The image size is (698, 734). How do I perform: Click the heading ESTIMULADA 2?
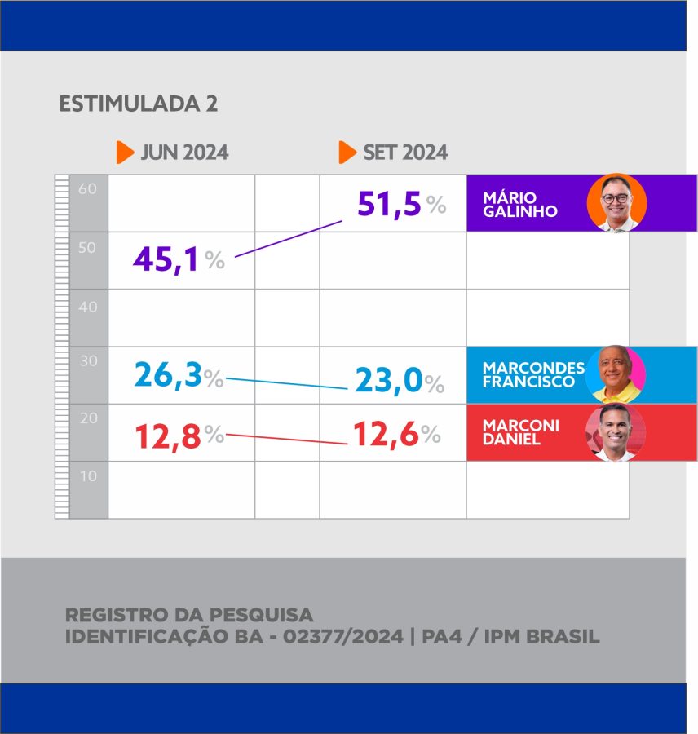138,104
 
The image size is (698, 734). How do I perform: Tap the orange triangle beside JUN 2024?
124,153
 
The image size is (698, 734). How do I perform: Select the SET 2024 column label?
405,153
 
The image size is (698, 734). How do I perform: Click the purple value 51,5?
389,205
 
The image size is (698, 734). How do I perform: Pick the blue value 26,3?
168,377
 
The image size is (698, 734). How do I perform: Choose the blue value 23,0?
388,382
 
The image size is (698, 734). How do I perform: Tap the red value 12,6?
385,435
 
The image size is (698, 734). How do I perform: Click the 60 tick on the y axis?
88,189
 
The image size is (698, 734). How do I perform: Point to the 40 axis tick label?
88,307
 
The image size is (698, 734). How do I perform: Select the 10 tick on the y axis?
88,475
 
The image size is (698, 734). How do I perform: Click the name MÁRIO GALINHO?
520,205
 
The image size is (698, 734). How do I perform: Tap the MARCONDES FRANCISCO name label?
533,374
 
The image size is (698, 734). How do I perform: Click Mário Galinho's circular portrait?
616,203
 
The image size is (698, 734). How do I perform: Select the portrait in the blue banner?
616,374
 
